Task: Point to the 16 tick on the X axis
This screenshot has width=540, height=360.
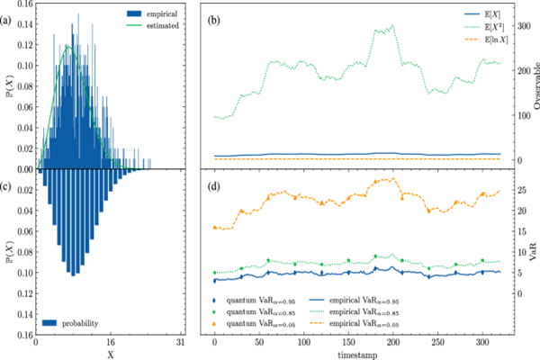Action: [x=109, y=343]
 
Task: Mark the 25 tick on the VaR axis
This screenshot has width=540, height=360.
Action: [x=516, y=191]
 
